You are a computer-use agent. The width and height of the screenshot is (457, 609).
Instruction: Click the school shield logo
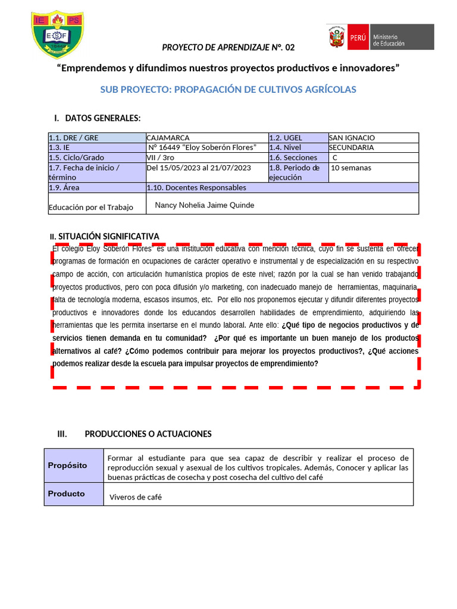(x=57, y=34)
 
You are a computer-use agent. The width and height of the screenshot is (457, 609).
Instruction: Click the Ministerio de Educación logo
(x=380, y=37)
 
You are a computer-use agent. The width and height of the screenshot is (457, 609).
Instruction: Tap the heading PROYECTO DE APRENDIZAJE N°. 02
(x=228, y=48)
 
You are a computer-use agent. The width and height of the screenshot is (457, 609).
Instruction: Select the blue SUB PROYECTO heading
(x=228, y=89)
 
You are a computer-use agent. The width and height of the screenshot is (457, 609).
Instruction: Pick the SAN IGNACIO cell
(x=352, y=138)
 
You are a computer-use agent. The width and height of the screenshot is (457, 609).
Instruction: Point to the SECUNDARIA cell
(x=352, y=147)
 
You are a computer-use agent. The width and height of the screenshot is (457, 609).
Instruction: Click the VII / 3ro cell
(x=161, y=158)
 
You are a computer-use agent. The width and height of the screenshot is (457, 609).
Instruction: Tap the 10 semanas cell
(x=351, y=168)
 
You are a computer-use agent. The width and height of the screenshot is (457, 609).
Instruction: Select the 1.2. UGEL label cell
(x=286, y=138)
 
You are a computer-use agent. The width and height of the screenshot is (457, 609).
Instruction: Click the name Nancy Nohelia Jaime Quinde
(x=204, y=205)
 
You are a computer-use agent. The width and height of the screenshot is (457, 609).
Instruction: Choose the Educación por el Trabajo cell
(x=91, y=208)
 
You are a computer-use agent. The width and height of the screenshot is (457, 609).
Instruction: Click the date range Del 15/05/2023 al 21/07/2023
(x=199, y=168)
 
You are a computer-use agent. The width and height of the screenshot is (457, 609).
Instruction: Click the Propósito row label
(x=67, y=465)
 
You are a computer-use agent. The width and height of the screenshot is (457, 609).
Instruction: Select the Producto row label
(x=67, y=494)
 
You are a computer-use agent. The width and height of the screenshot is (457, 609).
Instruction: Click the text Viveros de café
(x=136, y=497)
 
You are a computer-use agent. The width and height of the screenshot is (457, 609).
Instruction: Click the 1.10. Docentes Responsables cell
(x=196, y=187)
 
